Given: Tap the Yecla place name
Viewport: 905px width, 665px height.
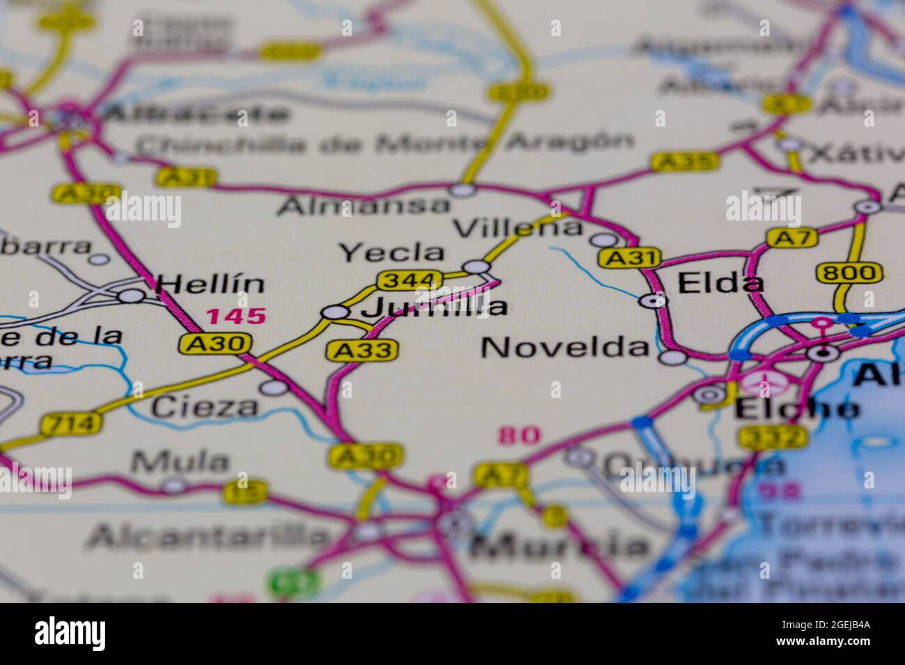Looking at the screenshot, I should pos(391,253).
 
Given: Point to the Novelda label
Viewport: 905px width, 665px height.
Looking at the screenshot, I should pos(565,346).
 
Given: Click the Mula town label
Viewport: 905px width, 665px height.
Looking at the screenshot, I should pos(180,461).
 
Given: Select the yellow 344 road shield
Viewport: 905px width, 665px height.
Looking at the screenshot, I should pos(410,280).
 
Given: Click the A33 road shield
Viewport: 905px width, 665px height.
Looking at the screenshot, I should pos(363,350).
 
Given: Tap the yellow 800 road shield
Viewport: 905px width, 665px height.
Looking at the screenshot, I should pos(849,272).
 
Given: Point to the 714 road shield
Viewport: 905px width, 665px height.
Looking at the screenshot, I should pos(71,423).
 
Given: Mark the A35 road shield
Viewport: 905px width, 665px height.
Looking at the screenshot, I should pos(685,162).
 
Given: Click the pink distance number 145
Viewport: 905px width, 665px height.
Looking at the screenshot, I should pos(236,317).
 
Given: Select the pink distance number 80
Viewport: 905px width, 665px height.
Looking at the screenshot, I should pos(519,436).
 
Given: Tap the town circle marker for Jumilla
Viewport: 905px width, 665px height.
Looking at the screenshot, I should pos(336,313).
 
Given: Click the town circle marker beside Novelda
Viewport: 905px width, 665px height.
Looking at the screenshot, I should pos(672,358).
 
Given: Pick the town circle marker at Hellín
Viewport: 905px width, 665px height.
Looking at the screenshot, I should pos(130,296).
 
